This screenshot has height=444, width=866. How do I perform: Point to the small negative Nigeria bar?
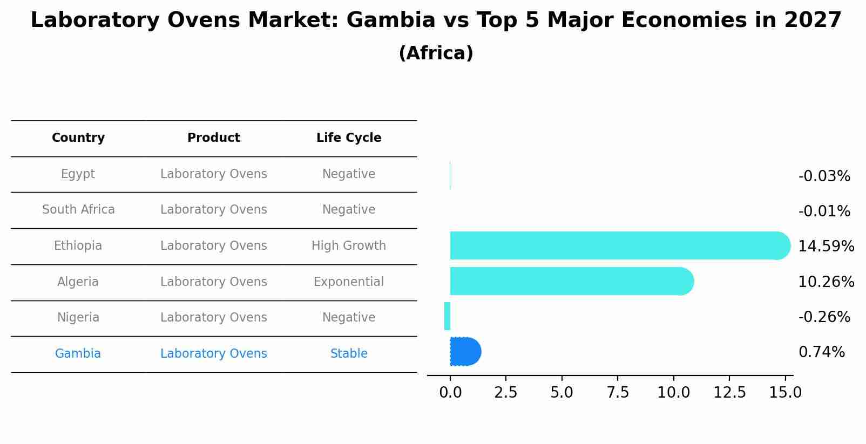click(447, 316)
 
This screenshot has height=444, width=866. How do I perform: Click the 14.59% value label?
click(826, 247)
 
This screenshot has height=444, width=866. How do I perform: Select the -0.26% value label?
click(824, 317)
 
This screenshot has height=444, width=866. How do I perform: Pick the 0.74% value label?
click(821, 352)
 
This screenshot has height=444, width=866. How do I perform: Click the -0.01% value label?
click(824, 211)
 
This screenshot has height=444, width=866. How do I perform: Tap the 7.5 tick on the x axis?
click(618, 393)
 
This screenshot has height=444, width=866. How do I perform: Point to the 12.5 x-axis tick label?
click(729, 393)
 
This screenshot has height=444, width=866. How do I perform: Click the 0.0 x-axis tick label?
click(450, 393)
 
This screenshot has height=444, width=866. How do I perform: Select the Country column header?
click(78, 138)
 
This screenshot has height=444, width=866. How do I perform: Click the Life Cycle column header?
click(349, 138)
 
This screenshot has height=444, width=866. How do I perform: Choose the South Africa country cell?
click(78, 210)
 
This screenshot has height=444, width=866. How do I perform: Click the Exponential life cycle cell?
click(349, 282)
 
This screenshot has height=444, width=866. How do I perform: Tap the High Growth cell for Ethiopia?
click(349, 246)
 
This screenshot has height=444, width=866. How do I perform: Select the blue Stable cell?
click(349, 354)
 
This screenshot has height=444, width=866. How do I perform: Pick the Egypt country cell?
click(78, 174)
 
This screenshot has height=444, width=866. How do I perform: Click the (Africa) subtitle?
click(436, 53)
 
